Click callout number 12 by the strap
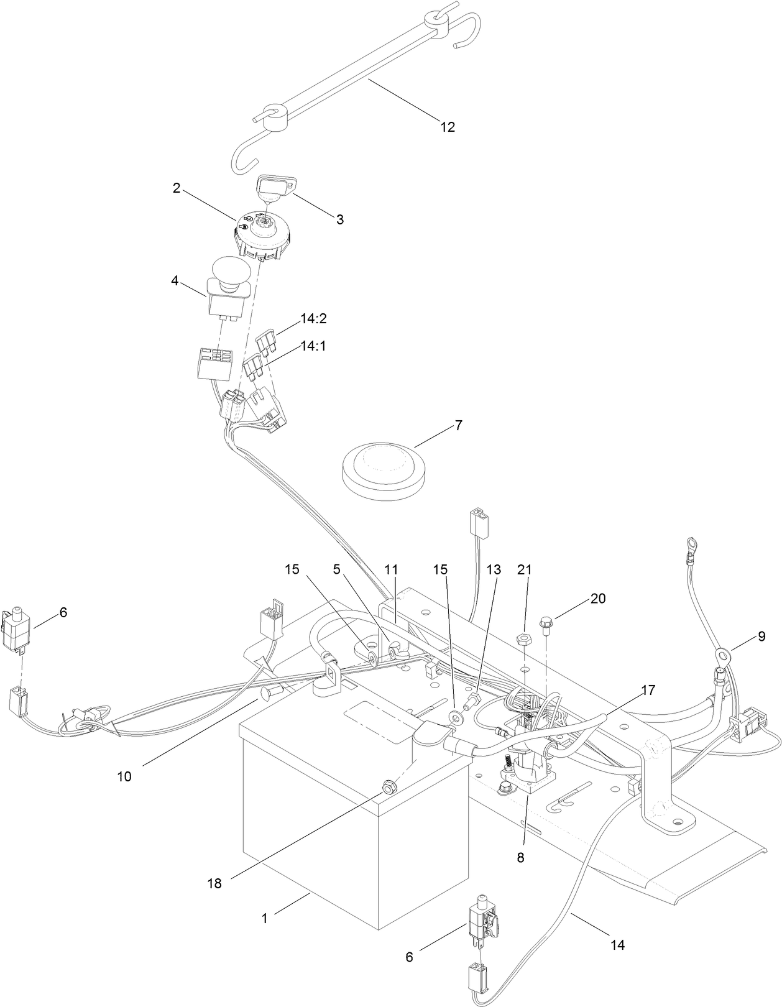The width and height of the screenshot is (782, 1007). click(448, 127)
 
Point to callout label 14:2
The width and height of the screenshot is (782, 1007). click(313, 319)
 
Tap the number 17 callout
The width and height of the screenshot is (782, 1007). click(648, 689)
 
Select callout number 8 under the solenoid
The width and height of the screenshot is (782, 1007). click(520, 857)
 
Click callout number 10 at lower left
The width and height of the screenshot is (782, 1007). click(124, 776)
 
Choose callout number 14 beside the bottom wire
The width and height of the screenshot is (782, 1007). click(617, 945)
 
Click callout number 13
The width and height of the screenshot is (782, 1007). click(492, 569)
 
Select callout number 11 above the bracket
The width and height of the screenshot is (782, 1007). click(390, 569)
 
